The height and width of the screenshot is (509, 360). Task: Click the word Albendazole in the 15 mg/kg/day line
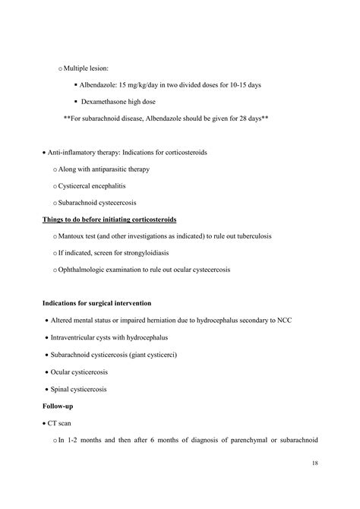[x=112, y=84]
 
